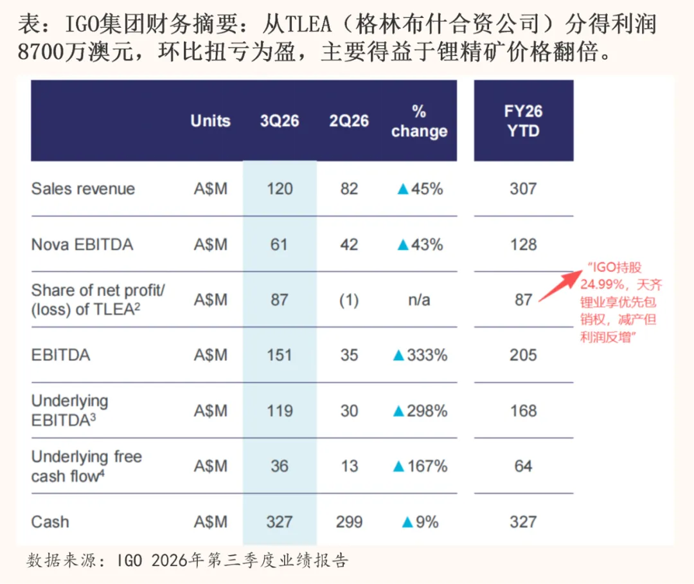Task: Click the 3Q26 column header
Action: pyautogui.click(x=279, y=121)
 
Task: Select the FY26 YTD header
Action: pyautogui.click(x=523, y=120)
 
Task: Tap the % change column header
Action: pyautogui.click(x=419, y=121)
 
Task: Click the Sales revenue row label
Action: pyautogui.click(x=83, y=188)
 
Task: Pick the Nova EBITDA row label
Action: pyautogui.click(x=82, y=244)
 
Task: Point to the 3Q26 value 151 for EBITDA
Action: pyautogui.click(x=279, y=355)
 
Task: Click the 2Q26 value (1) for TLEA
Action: pyautogui.click(x=349, y=300)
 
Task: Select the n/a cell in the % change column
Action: pyautogui.click(x=420, y=300)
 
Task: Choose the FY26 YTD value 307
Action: pyautogui.click(x=523, y=188)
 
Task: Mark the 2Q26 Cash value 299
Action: pyautogui.click(x=349, y=522)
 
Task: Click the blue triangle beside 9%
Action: pyautogui.click(x=405, y=522)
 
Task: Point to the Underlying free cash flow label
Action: pyautogui.click(x=87, y=466)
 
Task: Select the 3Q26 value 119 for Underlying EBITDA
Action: pyautogui.click(x=279, y=410)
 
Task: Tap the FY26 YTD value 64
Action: pyautogui.click(x=523, y=466)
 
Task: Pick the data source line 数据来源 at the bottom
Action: pyautogui.click(x=187, y=560)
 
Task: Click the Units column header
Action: pyautogui.click(x=210, y=121)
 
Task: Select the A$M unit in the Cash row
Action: pyautogui.click(x=210, y=522)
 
